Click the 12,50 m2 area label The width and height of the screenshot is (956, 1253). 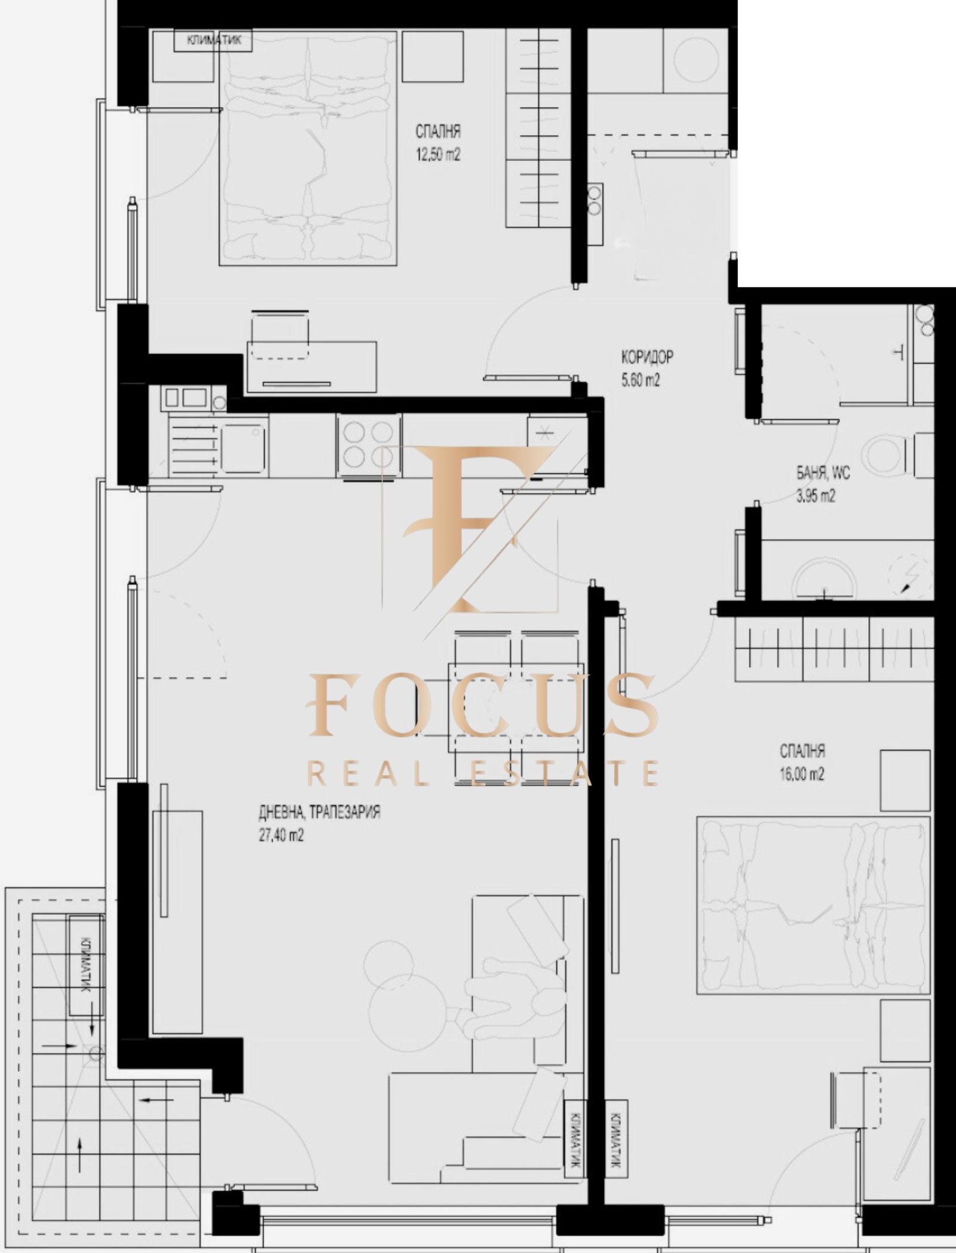438,155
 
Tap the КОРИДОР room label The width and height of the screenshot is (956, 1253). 647,357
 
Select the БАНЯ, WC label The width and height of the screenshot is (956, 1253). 823,474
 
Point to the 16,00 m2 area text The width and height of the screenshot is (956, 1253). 802,774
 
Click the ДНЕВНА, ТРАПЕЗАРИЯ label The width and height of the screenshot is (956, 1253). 319,812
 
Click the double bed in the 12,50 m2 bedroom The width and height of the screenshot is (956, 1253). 308,148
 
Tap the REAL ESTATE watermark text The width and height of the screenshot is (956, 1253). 482,772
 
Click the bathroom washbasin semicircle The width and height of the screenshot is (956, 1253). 825,577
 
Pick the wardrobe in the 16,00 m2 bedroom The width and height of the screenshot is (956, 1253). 834,649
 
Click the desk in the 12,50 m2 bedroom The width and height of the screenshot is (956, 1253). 311,366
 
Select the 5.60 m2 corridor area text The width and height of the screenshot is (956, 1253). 641,380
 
